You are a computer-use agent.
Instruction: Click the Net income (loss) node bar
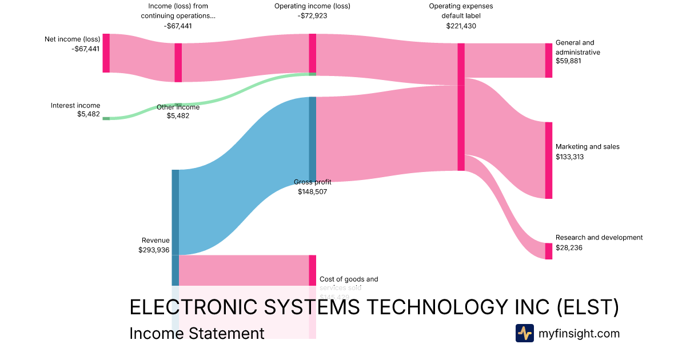[106, 53]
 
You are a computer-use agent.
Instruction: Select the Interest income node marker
[106, 118]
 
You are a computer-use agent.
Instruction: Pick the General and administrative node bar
[548, 60]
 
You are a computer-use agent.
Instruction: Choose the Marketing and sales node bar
[548, 160]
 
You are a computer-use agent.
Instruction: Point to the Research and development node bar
[548, 251]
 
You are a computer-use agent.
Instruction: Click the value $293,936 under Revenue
[154, 250]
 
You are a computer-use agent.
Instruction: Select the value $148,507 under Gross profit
[312, 191]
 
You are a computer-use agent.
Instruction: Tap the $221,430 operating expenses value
[461, 26]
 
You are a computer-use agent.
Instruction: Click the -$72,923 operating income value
[312, 15]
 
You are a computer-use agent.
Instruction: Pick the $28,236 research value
[569, 247]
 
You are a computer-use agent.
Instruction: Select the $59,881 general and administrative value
[568, 61]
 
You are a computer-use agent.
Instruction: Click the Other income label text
[178, 107]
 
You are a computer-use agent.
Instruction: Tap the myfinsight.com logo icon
[524, 333]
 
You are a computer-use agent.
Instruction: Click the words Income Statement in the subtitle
[197, 334]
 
